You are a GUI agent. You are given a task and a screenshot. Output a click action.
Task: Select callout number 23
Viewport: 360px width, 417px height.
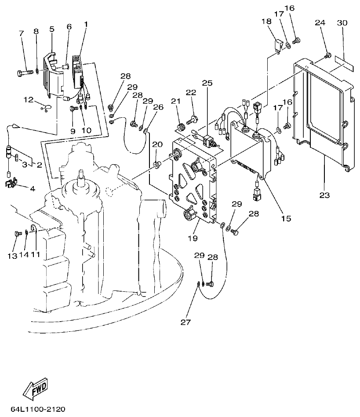tap(324, 195)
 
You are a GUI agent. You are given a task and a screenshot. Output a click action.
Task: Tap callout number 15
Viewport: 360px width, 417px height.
tap(286, 218)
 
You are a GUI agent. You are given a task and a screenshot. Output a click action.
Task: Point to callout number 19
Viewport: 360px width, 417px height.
tap(193, 238)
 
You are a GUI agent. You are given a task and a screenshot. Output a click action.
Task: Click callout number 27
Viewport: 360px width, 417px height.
tap(186, 322)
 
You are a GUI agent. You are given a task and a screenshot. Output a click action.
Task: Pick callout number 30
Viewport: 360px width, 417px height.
tap(342, 22)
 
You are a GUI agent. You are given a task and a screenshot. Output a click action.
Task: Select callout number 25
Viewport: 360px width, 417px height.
tap(207, 83)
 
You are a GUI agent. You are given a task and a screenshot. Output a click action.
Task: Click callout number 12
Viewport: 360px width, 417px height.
tap(29, 100)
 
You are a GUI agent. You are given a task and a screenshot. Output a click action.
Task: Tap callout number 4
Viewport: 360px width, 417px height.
tap(32, 189)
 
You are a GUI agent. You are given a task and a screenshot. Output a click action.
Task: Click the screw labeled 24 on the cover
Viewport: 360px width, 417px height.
tap(327, 55)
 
